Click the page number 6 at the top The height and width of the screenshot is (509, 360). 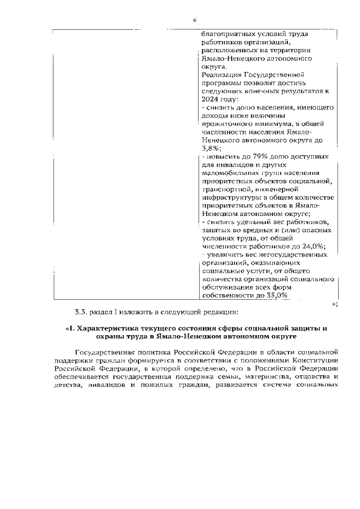pos(195,20)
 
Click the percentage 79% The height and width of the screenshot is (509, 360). pos(246,156)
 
